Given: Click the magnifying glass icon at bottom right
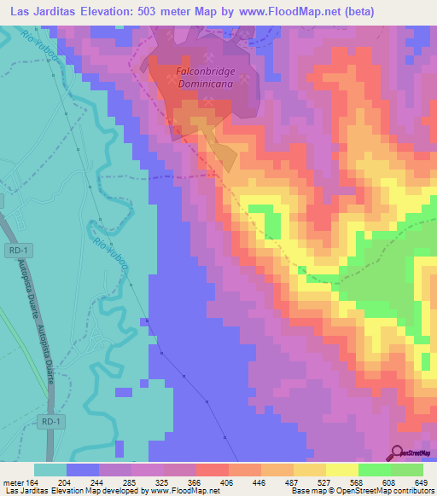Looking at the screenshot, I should point(397,453).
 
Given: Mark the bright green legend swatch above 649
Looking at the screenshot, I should point(406,469).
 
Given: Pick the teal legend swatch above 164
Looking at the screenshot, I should point(50,469).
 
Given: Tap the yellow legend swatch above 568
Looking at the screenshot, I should point(341,469).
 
